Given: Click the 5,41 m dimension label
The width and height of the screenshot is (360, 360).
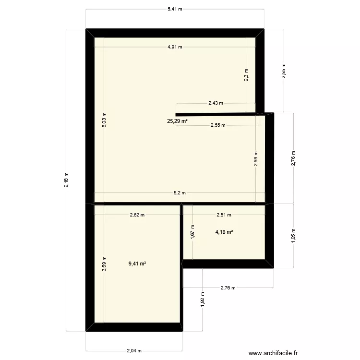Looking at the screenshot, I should [x=175, y=9].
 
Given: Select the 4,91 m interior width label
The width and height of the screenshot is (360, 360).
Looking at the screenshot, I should [x=175, y=47].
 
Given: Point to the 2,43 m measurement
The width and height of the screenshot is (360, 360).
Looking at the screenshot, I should [x=216, y=103].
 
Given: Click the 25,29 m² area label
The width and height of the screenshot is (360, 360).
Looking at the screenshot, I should [x=177, y=121].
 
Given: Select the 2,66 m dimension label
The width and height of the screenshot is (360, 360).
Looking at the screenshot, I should [x=256, y=159].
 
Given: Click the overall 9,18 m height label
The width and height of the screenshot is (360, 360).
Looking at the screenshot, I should [x=66, y=180].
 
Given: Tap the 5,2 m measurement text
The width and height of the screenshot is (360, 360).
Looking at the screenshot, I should [x=180, y=193].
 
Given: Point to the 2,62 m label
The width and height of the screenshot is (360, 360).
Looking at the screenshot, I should [x=137, y=215].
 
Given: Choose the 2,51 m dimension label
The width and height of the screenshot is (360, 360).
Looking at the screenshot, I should [x=224, y=215].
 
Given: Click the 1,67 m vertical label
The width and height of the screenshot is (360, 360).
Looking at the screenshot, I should [x=192, y=233].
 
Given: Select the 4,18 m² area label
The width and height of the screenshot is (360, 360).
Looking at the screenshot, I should [x=224, y=232].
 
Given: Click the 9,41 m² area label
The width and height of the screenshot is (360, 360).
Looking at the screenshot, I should [x=137, y=263].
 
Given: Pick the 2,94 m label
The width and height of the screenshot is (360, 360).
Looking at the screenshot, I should [x=134, y=350].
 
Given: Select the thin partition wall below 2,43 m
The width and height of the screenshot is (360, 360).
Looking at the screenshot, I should [x=216, y=114].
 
